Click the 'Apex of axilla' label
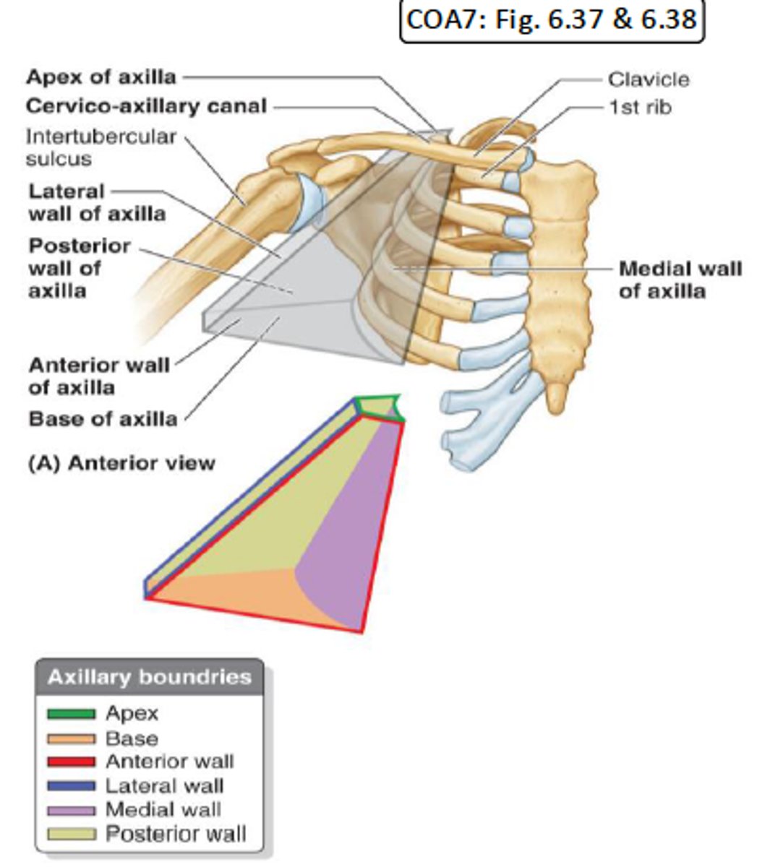tap(101, 77)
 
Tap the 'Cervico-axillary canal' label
tap(146, 106)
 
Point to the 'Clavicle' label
tap(648, 79)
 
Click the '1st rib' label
tap(639, 107)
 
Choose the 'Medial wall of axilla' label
tap(680, 280)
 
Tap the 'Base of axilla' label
tap(103, 419)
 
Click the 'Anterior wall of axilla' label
tap(98, 376)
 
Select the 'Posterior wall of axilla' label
tap(80, 268)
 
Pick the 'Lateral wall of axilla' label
tap(96, 203)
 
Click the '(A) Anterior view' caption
tap(121, 462)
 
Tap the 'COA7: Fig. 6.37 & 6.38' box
tap(552, 20)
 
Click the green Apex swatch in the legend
tap(71, 714)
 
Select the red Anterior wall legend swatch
tap(71, 762)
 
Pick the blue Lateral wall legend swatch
tap(71, 785)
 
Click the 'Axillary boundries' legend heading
tap(149, 678)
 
